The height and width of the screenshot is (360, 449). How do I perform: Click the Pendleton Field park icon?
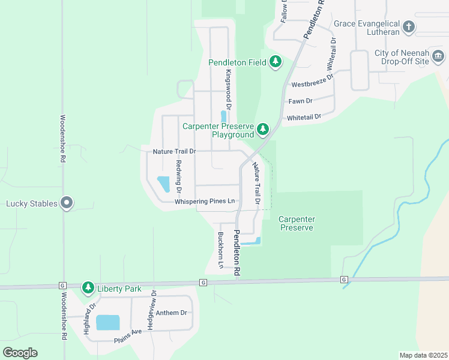click(276, 62)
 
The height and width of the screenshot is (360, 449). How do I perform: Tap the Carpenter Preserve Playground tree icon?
click(262, 129)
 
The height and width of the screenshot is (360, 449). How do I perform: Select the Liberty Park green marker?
click(88, 289)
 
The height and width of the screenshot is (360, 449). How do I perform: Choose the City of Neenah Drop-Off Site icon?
click(438, 57)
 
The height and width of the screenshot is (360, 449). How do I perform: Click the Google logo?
click(20, 352)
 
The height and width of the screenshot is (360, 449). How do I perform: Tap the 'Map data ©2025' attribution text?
click(423, 355)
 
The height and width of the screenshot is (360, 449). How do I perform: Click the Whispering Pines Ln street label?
click(204, 202)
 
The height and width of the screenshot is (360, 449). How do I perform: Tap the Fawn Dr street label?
click(300, 101)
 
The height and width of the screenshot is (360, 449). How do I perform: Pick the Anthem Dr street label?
click(172, 313)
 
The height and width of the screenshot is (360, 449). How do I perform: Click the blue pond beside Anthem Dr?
click(107, 322)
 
